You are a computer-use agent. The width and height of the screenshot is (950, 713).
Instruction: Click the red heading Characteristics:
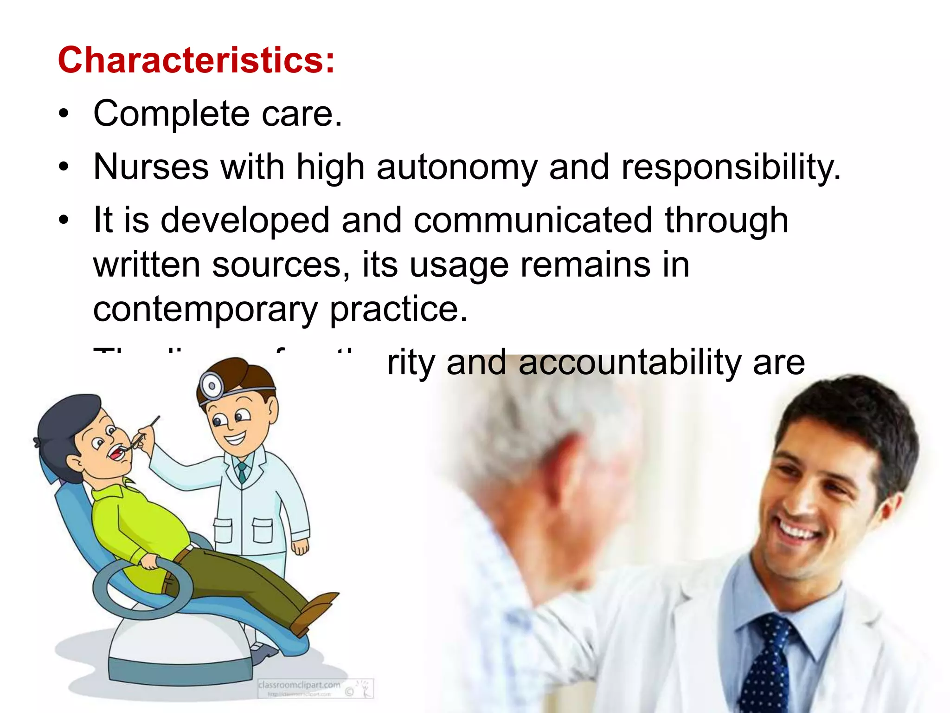(196, 60)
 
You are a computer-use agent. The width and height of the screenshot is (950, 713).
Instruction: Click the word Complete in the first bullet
(172, 114)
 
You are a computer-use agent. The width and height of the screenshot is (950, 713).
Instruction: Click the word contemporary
(205, 310)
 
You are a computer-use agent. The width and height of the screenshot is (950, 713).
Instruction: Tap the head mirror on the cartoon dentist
(212, 385)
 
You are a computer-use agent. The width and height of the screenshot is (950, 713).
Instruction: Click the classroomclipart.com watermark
(299, 685)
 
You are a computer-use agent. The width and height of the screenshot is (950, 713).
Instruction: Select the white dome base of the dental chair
(179, 650)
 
